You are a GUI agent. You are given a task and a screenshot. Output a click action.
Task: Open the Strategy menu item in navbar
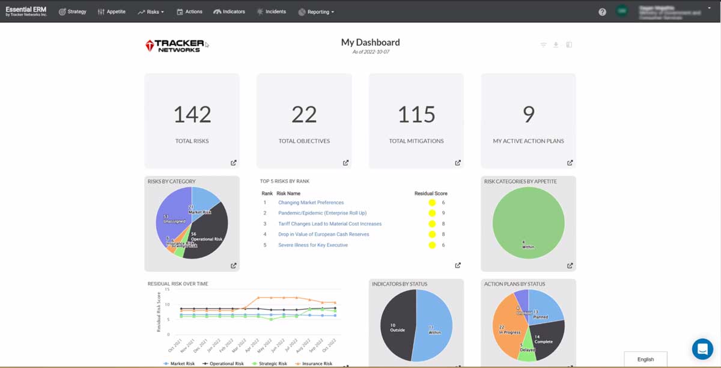tap(73, 11)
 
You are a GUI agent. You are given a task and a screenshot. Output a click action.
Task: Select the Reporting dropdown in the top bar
tap(316, 11)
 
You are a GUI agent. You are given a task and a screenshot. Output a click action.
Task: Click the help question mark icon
tap(602, 11)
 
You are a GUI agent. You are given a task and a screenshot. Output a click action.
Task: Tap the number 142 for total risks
tap(192, 114)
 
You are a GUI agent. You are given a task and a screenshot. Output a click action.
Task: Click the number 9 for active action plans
tap(528, 114)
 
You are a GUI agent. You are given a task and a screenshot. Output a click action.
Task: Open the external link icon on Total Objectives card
tap(345, 162)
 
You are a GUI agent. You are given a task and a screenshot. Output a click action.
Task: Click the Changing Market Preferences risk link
tap(311, 203)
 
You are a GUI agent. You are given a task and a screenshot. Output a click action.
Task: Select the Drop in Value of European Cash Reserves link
tap(323, 235)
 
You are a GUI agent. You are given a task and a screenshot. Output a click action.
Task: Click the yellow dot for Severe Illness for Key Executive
tap(431, 245)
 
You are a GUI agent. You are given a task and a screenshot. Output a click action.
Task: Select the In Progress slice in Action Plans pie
tap(508, 328)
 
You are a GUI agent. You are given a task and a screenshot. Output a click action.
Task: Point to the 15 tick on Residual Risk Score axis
tap(168, 289)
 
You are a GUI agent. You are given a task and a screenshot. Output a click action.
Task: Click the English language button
tap(645, 359)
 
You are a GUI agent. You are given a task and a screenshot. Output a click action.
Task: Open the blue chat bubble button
tap(702, 349)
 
